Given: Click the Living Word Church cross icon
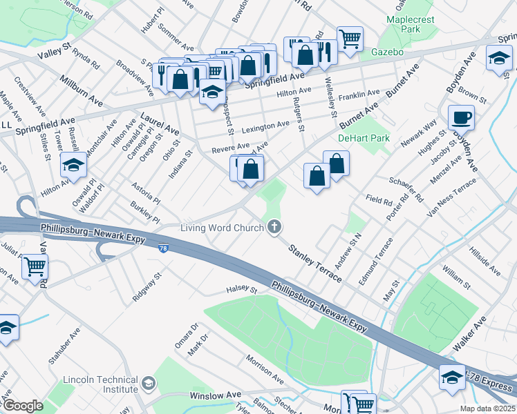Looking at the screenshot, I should pos(275,226).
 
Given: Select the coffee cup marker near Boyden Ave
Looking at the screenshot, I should pos(461,118).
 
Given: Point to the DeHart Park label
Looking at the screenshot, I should pos(364,138).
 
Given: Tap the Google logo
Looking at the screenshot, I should pos(22,406).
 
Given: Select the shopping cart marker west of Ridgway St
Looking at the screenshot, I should pos(35,266).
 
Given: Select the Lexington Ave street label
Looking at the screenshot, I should pos(265,125).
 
